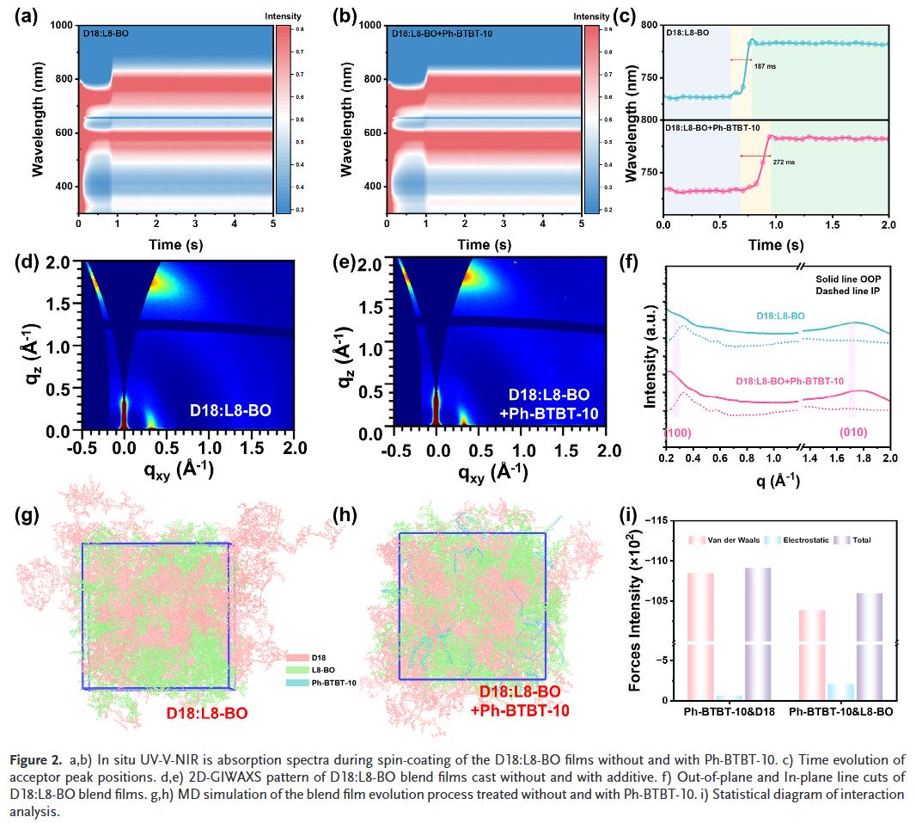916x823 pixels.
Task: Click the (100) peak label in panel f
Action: [679, 432]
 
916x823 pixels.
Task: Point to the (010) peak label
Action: [852, 432]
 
